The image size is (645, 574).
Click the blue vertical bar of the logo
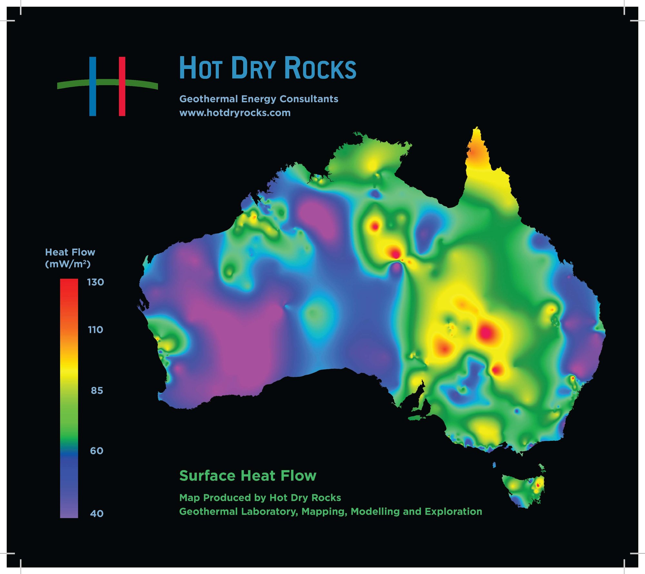pyautogui.click(x=93, y=97)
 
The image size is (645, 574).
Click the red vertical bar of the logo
pyautogui.click(x=122, y=97)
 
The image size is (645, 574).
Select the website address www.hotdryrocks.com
pyautogui.click(x=235, y=113)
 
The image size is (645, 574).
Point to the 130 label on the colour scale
pyautogui.click(x=95, y=282)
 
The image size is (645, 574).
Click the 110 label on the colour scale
pyautogui.click(x=95, y=330)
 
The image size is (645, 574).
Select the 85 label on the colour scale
pyautogui.click(x=97, y=391)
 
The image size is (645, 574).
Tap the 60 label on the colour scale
pyautogui.click(x=97, y=450)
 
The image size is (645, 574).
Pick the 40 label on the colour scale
pyautogui.click(x=97, y=513)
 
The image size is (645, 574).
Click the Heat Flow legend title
pyautogui.click(x=70, y=252)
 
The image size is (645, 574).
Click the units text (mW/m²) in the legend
pyautogui.click(x=68, y=264)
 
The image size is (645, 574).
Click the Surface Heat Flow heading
pyautogui.click(x=248, y=476)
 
